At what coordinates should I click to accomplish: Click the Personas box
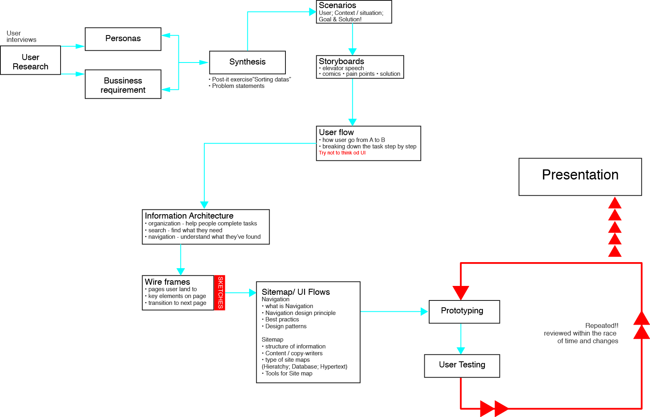pyautogui.click(x=123, y=39)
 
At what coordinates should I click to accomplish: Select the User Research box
pyautogui.click(x=30, y=60)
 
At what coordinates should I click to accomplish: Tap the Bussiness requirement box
pyautogui.click(x=123, y=84)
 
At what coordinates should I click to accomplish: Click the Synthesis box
pyautogui.click(x=247, y=62)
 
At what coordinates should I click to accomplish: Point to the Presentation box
pyautogui.click(x=580, y=177)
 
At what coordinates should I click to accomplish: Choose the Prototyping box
pyautogui.click(x=464, y=311)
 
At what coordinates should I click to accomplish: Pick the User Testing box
pyautogui.click(x=462, y=365)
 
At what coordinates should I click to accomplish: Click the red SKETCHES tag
pyautogui.click(x=220, y=293)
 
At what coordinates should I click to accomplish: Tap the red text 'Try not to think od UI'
pyautogui.click(x=342, y=153)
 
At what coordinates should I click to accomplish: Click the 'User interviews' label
pyautogui.click(x=21, y=37)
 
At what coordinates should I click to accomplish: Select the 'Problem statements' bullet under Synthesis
pyautogui.click(x=238, y=86)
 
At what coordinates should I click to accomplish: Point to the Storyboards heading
pyautogui.click(x=342, y=61)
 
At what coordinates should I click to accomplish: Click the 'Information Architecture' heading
pyautogui.click(x=189, y=216)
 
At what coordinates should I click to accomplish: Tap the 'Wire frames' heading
pyautogui.click(x=167, y=282)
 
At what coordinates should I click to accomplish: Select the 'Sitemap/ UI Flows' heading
pyautogui.click(x=296, y=292)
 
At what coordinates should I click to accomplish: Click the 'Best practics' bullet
pyautogui.click(x=282, y=320)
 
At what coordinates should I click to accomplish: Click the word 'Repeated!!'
pyautogui.click(x=602, y=326)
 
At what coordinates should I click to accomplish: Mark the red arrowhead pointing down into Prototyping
pyautogui.click(x=461, y=292)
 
